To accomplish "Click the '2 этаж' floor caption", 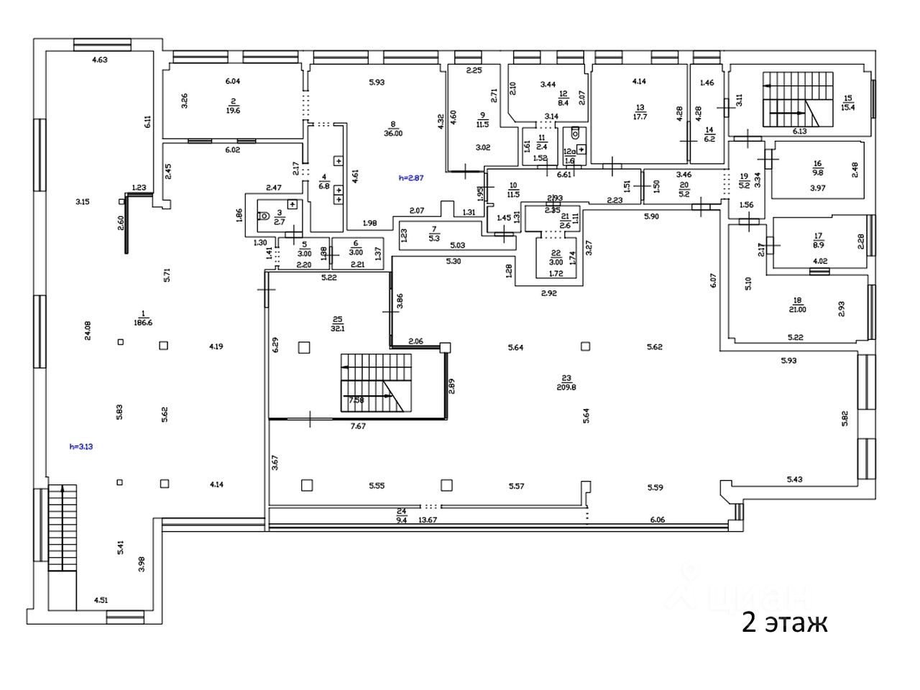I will tap(784, 622).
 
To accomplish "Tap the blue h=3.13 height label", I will tap(81, 446).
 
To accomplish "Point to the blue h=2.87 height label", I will tap(410, 177).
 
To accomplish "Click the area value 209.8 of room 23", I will tap(566, 385).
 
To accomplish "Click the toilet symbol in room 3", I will tap(263, 213).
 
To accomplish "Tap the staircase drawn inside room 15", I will tap(795, 99).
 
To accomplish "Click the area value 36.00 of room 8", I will tap(392, 133).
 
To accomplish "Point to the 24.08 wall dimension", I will tap(88, 330).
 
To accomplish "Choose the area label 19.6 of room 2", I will tap(233, 111).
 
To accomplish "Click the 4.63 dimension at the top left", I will tap(99, 60).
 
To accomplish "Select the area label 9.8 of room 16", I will tap(817, 172).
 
